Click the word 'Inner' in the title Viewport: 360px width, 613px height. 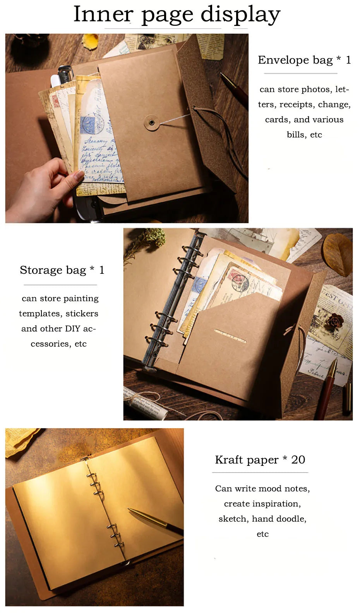click(x=103, y=14)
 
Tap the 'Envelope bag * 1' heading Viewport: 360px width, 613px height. click(x=304, y=60)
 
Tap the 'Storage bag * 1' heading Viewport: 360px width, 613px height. click(x=62, y=270)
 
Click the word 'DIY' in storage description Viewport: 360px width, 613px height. click(x=72, y=329)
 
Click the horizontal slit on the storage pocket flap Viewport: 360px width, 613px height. click(x=230, y=336)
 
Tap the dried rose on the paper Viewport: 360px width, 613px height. click(x=334, y=321)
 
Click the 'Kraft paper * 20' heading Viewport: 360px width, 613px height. click(x=260, y=460)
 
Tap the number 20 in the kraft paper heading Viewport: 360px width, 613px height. click(x=298, y=460)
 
